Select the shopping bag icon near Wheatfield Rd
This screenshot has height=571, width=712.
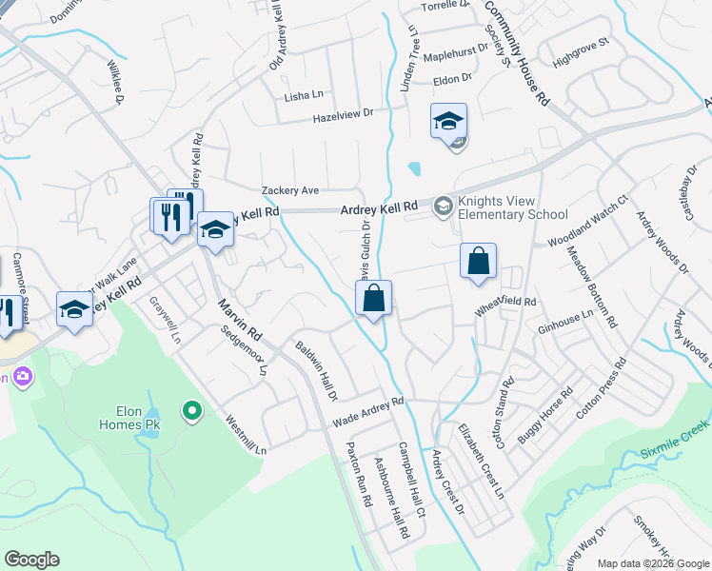(x=478, y=261)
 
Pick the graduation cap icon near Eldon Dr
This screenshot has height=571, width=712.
(x=448, y=121)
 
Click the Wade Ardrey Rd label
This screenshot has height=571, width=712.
(x=367, y=412)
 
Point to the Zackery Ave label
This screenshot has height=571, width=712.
(x=290, y=190)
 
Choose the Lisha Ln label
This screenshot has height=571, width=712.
(x=304, y=96)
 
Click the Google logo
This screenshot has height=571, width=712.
(x=31, y=560)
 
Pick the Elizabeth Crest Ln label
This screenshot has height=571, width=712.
(x=483, y=462)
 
